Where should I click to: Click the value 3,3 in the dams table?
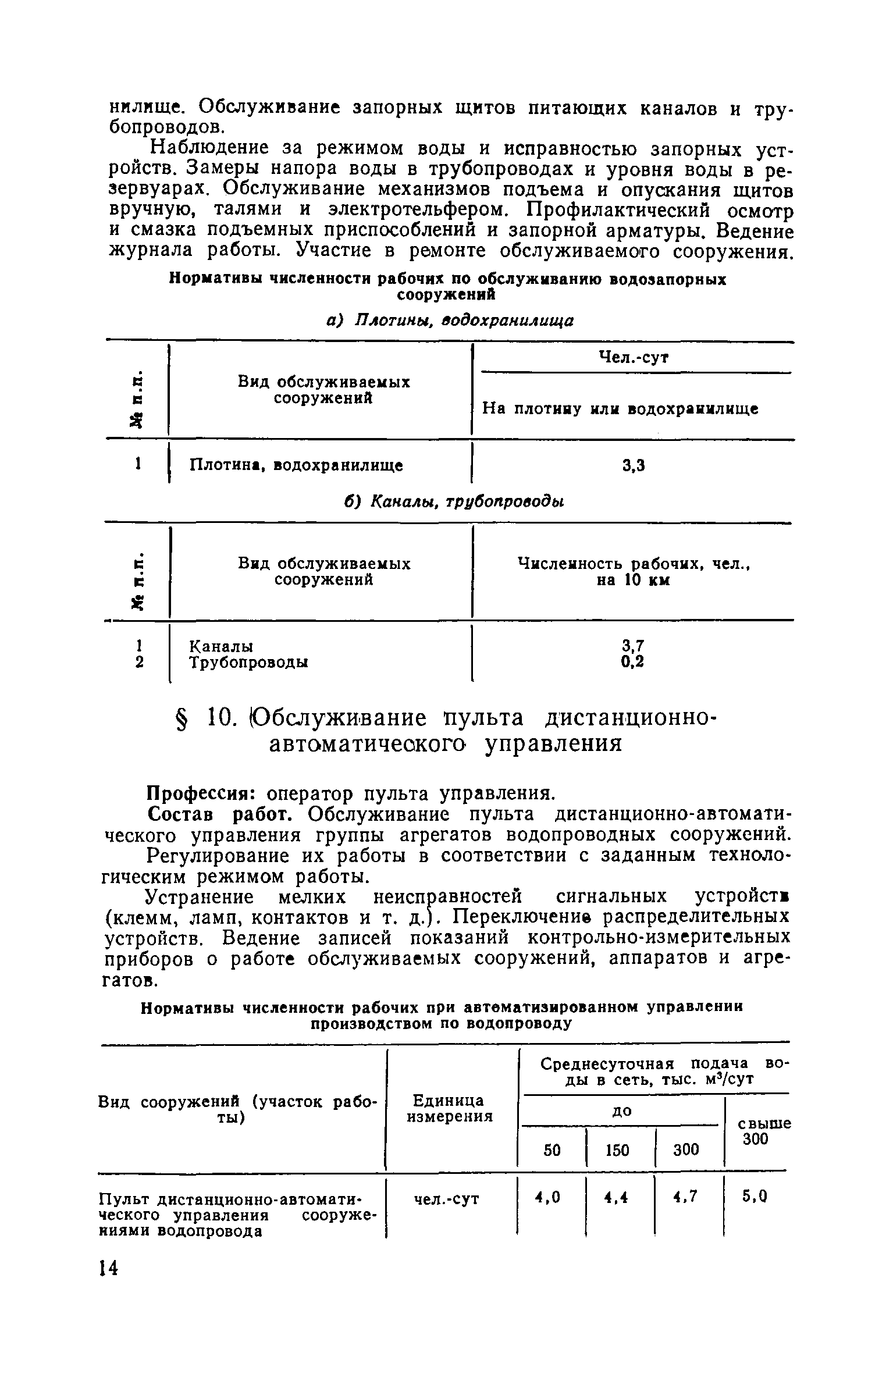634,465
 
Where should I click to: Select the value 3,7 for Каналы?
633,646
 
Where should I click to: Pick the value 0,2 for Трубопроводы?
633,662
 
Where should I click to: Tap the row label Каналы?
222,646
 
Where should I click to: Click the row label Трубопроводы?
249,663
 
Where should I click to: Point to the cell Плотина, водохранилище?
297,465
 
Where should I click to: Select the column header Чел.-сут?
634,358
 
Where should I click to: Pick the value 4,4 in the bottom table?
617,1197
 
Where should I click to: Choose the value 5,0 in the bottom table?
755,1197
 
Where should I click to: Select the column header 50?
551,1150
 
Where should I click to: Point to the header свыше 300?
763,1131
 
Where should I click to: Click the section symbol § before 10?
186,720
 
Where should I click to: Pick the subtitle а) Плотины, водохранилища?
449,321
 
